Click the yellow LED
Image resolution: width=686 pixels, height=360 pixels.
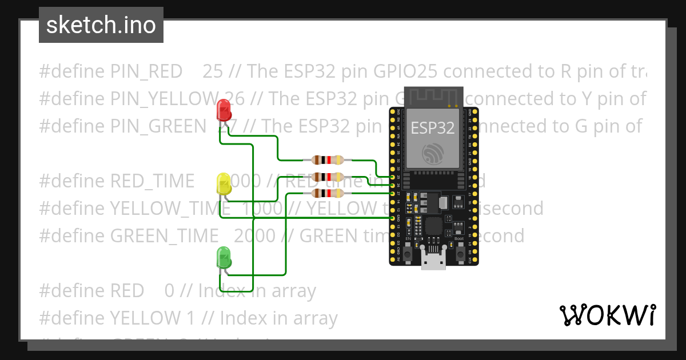224,184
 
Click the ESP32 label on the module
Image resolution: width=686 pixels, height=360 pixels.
433,127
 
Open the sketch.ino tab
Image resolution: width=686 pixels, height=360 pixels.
101,25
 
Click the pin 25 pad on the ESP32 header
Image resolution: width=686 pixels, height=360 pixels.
393,178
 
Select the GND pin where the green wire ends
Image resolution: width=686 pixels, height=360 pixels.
393,218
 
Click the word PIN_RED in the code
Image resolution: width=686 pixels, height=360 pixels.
146,71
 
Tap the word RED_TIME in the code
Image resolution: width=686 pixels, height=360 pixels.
151,181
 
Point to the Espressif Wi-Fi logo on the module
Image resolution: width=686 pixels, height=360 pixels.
433,153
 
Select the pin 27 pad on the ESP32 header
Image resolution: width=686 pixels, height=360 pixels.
393,194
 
